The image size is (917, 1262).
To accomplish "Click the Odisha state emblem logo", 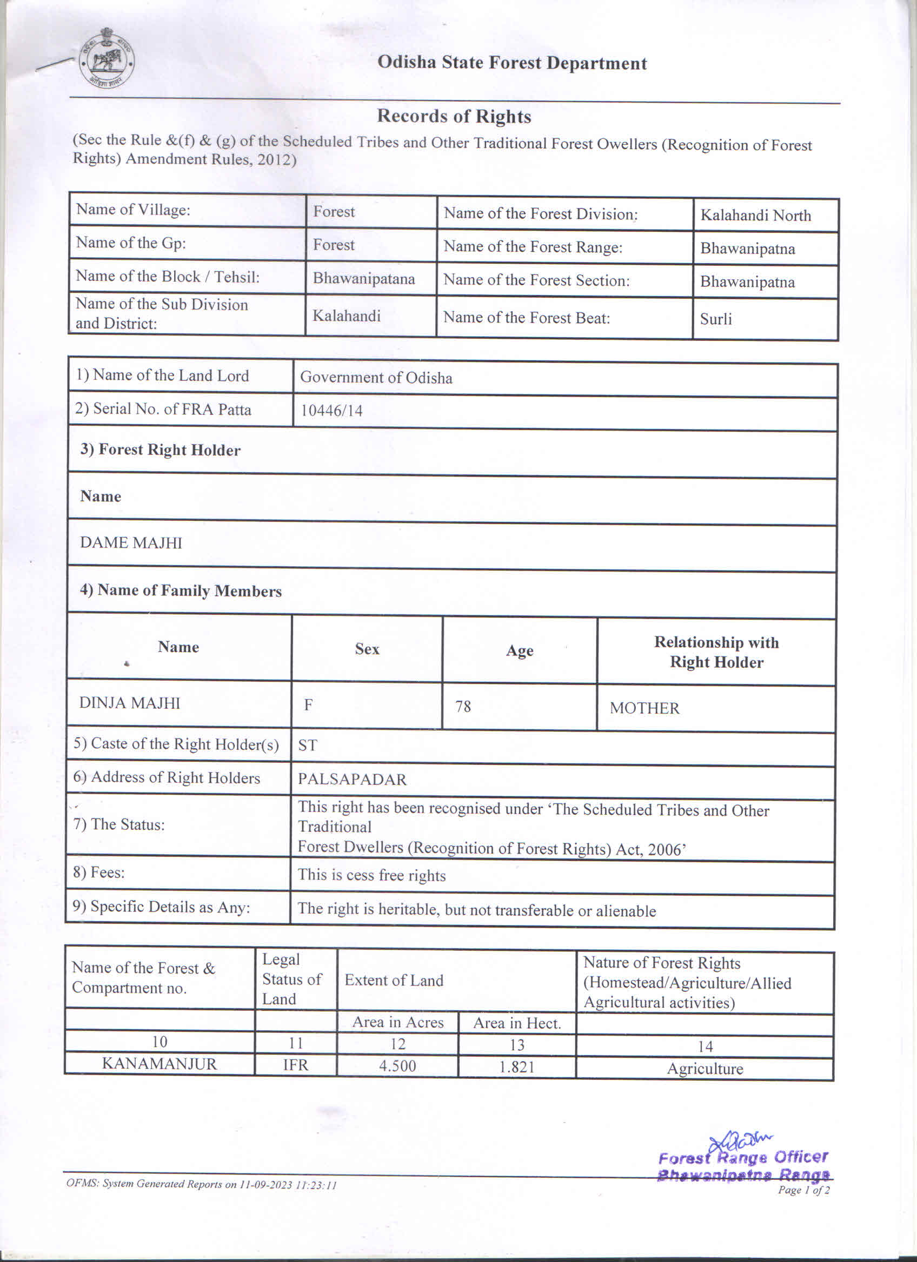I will (106, 58).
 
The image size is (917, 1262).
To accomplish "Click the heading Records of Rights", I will (454, 116).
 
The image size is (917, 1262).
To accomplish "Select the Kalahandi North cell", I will (755, 216).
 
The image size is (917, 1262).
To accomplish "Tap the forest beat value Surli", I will (715, 319).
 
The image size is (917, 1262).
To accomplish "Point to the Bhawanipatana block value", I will (363, 278).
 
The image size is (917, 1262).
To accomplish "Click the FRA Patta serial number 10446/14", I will (331, 411).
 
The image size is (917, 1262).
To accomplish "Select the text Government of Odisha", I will (376, 378).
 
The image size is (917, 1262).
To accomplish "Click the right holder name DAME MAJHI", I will (131, 542).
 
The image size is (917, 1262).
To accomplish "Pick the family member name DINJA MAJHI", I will (130, 703).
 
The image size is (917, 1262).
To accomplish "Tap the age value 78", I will (463, 706).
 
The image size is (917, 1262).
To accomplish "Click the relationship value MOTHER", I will (644, 708).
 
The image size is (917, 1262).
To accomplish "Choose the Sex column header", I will (367, 649).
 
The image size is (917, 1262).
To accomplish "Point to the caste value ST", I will (307, 745).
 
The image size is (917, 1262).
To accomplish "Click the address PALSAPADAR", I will (352, 779).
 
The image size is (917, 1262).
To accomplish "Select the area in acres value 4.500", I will (397, 1065).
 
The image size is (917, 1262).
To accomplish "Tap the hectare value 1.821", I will (517, 1066).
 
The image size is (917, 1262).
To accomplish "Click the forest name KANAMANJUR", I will (160, 1064).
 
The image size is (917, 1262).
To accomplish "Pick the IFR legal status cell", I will (295, 1064).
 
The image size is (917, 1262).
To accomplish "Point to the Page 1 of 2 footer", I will (803, 1190).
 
